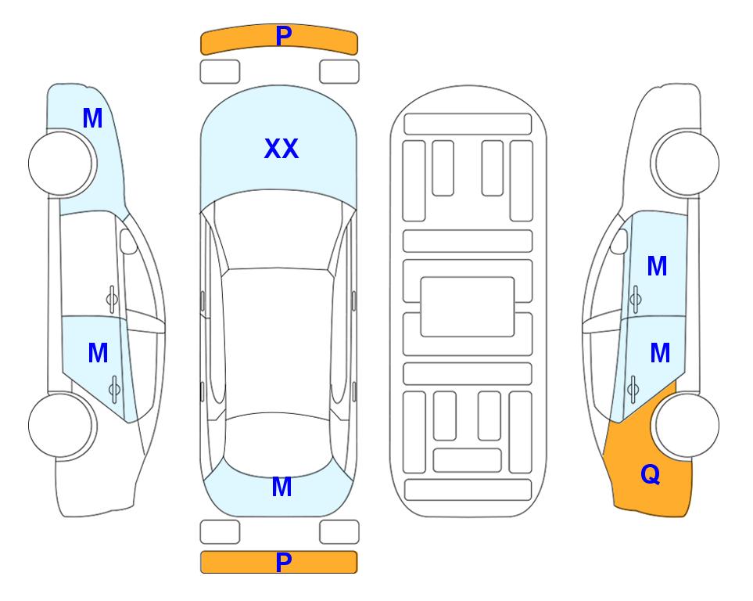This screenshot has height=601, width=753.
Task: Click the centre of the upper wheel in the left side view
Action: pyautogui.click(x=62, y=164)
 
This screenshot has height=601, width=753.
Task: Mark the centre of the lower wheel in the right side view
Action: pyautogui.click(x=687, y=425)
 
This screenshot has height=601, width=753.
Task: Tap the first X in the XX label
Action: pyautogui.click(x=272, y=149)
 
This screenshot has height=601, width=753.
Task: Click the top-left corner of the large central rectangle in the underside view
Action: pyautogui.click(x=421, y=277)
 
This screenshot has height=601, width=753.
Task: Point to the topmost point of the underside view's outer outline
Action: pyautogui.click(x=468, y=85)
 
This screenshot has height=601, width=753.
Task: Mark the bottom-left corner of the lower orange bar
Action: pyautogui.click(x=201, y=573)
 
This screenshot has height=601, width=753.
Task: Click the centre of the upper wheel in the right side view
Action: pyautogui.click(x=687, y=164)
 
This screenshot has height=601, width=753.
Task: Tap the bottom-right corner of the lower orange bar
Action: pyautogui.click(x=357, y=573)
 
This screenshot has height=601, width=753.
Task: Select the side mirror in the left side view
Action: pyautogui.click(x=127, y=241)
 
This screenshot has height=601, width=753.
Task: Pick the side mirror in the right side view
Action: pyautogui.click(x=619, y=241)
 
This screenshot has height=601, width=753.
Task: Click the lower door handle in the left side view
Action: pyautogui.click(x=114, y=388)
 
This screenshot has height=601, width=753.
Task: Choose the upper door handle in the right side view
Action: pyautogui.click(x=635, y=299)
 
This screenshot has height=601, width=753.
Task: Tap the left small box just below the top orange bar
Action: pyautogui.click(x=220, y=72)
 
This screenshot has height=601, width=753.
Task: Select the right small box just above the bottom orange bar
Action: pyautogui.click(x=339, y=532)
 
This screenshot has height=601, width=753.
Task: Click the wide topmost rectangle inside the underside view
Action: pyautogui.click(x=468, y=124)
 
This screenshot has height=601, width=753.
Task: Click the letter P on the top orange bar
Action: pyautogui.click(x=284, y=36)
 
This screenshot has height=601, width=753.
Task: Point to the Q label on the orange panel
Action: pyautogui.click(x=651, y=474)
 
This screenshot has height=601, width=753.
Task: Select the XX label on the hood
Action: pyautogui.click(x=281, y=149)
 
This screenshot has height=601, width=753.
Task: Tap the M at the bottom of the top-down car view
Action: pyautogui.click(x=282, y=487)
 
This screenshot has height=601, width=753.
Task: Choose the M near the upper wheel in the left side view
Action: pyautogui.click(x=93, y=118)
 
